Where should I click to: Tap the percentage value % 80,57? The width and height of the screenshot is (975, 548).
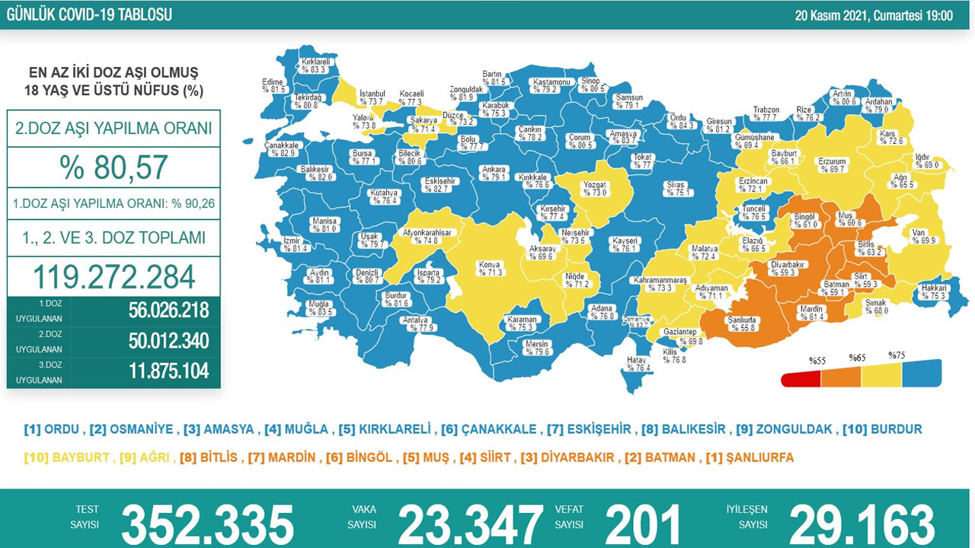[x=113, y=167]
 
